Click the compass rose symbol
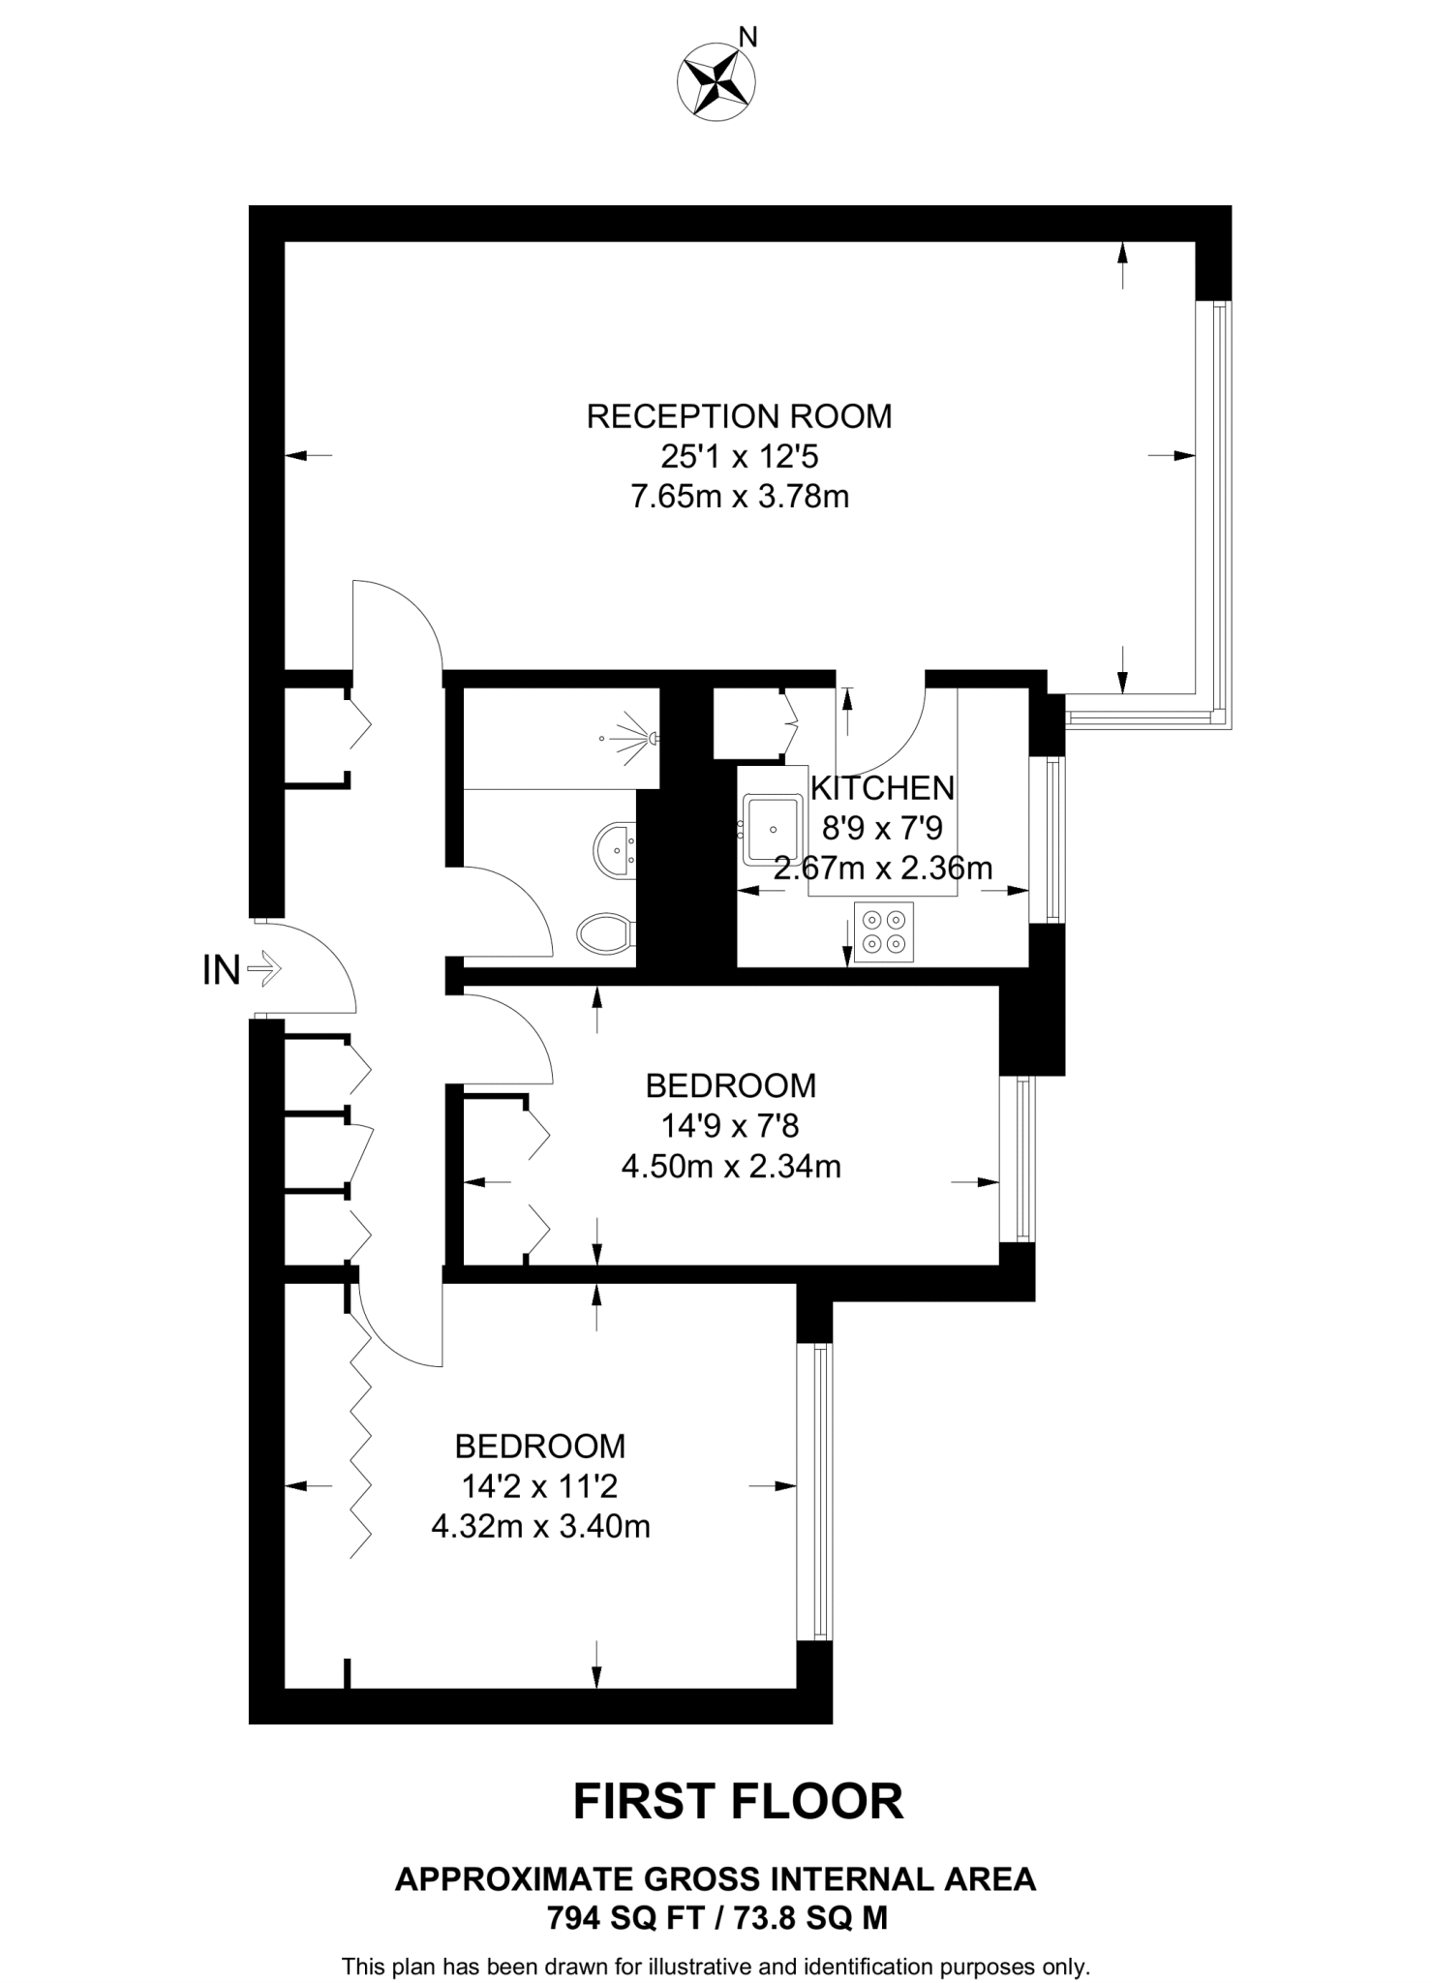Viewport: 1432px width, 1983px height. click(717, 82)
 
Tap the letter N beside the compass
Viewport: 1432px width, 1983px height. click(747, 38)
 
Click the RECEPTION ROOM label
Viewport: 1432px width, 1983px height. click(739, 416)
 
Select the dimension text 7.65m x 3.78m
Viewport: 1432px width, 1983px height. click(739, 497)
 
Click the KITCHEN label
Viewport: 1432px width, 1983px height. click(882, 788)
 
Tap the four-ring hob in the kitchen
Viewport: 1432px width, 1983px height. click(883, 932)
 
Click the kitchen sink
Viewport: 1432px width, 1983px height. click(772, 830)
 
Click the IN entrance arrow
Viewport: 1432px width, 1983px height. click(263, 967)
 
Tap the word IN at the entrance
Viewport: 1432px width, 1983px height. click(221, 970)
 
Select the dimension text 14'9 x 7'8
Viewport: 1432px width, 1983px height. click(730, 1126)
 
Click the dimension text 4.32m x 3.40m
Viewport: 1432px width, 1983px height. click(540, 1527)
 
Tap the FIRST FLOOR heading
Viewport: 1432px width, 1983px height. click(738, 1802)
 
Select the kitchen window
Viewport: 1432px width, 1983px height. click(1054, 839)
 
